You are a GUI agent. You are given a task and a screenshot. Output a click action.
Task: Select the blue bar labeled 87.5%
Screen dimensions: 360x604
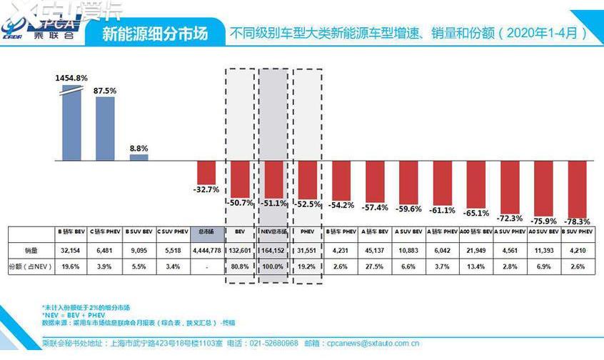pos(105,128)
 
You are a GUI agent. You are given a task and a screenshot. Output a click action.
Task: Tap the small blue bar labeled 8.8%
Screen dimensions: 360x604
pos(139,156)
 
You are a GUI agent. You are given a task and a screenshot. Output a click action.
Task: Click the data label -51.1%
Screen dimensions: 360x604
pos(274,203)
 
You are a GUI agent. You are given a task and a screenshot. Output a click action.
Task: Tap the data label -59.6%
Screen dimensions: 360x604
pos(408,209)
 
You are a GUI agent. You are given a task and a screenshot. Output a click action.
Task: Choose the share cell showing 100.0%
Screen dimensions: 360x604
pos(273,266)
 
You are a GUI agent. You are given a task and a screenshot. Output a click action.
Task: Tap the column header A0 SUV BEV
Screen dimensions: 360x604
pos(543,231)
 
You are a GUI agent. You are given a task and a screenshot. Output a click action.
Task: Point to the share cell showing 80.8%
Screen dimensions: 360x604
pos(240,266)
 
